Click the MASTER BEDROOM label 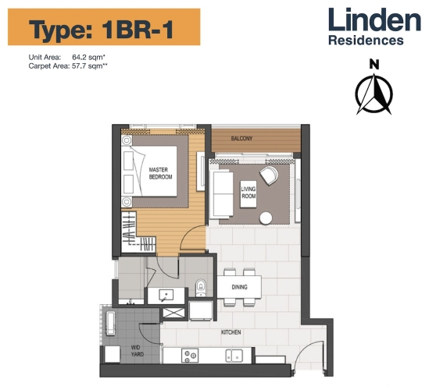click(159, 172)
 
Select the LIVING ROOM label click(248, 192)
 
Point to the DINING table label click(240, 287)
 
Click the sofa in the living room click(222, 193)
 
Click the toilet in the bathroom click(201, 285)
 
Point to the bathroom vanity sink click(166, 294)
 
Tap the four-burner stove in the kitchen click(188, 356)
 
